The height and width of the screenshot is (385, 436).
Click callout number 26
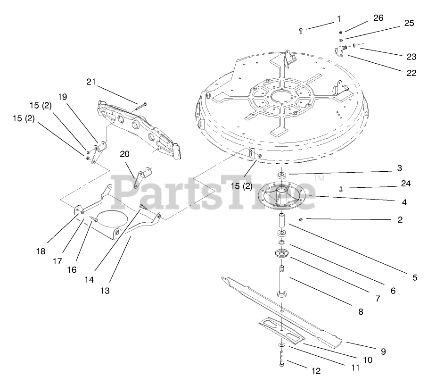[x=378, y=17]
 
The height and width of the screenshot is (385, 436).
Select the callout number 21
[x=91, y=82]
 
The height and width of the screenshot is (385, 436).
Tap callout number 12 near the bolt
[x=316, y=371]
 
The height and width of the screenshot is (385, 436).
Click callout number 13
[x=105, y=291]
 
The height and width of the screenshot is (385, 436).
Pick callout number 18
[x=41, y=251]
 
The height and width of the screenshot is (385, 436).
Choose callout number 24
[x=406, y=184]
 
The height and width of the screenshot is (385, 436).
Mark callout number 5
[x=414, y=278]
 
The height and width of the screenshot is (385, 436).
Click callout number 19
[x=63, y=97]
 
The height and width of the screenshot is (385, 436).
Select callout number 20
[x=124, y=154]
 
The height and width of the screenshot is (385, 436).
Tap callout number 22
[x=411, y=73]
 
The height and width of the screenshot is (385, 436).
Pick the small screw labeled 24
[x=340, y=190]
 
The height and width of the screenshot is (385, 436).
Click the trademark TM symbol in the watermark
[x=319, y=178]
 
